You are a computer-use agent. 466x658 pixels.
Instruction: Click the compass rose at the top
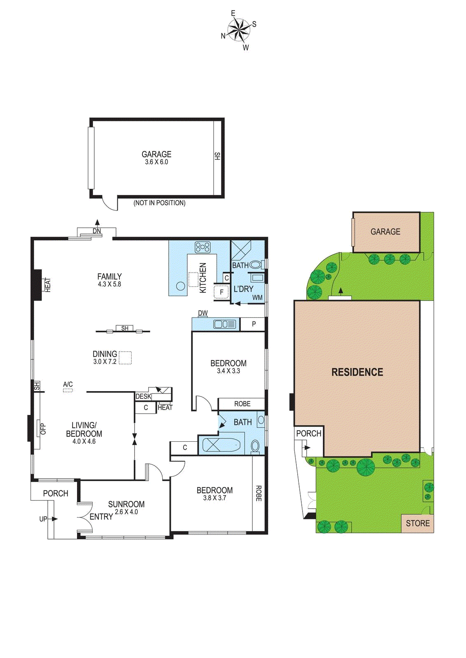(239, 30)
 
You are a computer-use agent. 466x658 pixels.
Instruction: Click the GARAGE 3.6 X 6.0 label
(156, 158)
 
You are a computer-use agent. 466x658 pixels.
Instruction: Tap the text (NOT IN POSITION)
(159, 203)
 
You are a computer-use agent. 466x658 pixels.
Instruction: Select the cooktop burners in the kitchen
(203, 247)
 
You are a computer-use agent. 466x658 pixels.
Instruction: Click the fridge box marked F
(221, 292)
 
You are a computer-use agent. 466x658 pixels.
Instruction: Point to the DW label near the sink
(203, 313)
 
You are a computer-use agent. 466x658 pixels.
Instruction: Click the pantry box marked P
(254, 324)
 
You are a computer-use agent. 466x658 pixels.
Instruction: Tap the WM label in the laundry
(257, 297)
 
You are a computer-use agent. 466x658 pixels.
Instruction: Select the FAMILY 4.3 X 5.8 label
(110, 280)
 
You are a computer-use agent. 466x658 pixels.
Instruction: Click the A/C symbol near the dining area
(68, 387)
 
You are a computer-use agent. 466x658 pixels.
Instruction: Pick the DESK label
(143, 396)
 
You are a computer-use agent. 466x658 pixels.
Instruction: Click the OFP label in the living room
(43, 429)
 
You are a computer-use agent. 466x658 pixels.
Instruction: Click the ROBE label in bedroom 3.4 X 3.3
(242, 404)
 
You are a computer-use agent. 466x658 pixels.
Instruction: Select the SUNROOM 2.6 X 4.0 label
(126, 507)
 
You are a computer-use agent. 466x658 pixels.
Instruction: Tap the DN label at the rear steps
(97, 231)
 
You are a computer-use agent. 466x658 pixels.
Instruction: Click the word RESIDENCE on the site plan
(357, 372)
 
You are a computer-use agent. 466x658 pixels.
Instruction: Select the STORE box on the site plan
(417, 523)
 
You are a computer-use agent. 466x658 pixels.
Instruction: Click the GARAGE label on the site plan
(385, 232)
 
